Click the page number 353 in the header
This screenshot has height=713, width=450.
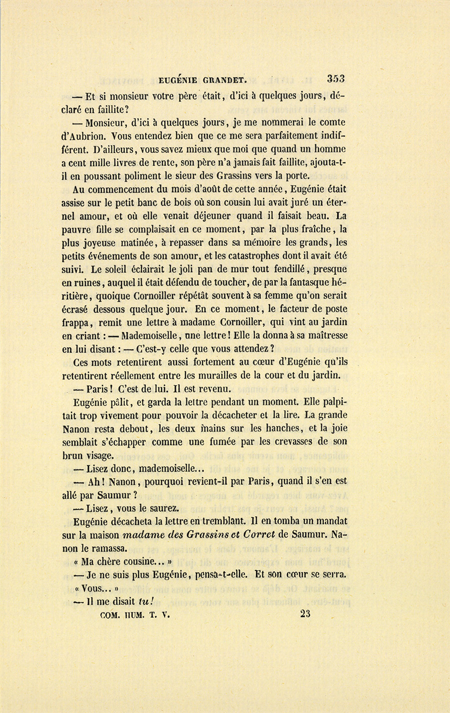coord(336,78)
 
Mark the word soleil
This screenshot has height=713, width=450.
coord(122,269)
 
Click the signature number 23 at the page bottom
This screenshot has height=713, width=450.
coord(305,613)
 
